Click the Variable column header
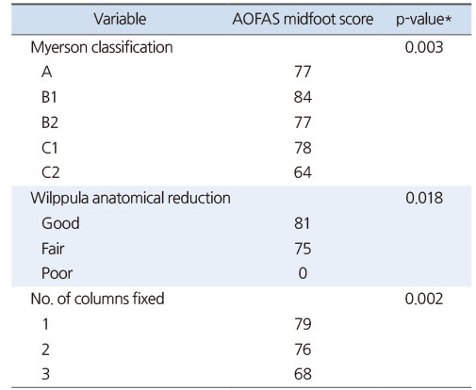120,19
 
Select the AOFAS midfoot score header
303,19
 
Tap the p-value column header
423,20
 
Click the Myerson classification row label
102,48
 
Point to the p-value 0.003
424,47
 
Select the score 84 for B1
303,97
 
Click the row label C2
50,172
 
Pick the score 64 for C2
303,172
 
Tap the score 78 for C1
303,148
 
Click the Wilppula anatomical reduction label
130,198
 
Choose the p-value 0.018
424,198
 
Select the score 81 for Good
302,223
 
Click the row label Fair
53,249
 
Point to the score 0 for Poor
303,273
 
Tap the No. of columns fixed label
97,299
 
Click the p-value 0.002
424,299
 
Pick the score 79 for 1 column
303,324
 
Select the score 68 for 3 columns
303,374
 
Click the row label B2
50,122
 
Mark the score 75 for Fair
303,249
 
